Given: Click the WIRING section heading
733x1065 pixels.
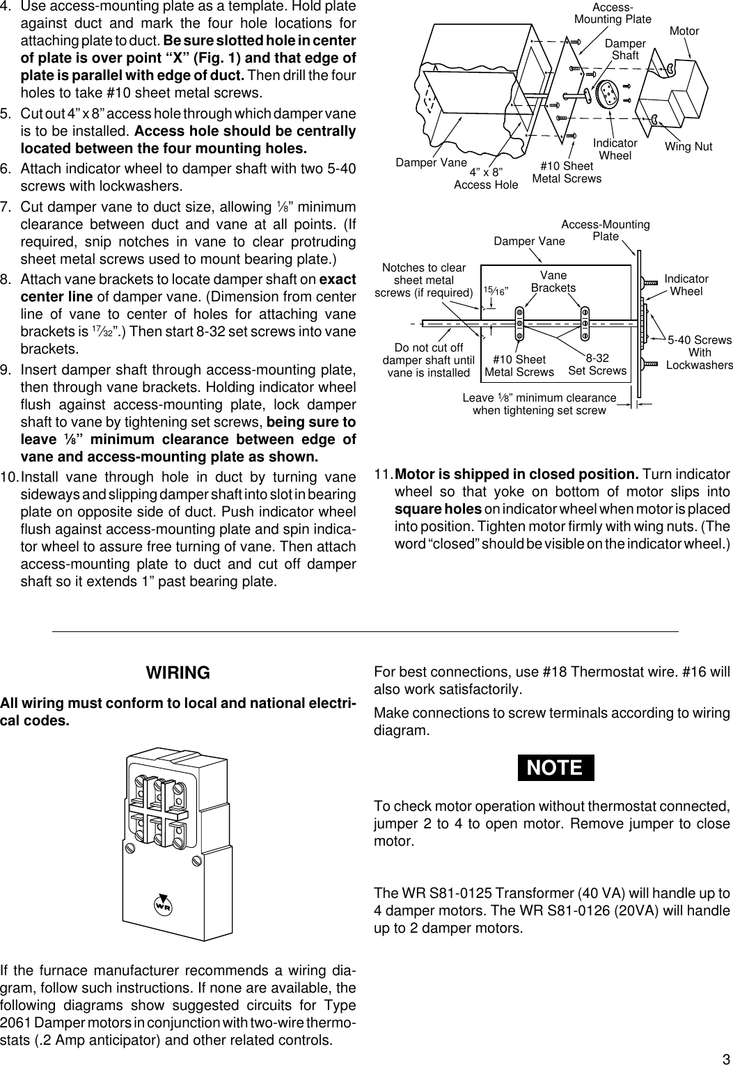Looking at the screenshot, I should pyautogui.click(x=178, y=673).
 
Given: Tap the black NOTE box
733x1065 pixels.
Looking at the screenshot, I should pyautogui.click(x=555, y=767).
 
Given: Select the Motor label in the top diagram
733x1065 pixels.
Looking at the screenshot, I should pyautogui.click(x=684, y=31).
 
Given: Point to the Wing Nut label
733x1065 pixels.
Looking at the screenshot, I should pyautogui.click(x=688, y=147).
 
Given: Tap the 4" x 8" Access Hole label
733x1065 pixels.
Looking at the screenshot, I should pyautogui.click(x=486, y=178).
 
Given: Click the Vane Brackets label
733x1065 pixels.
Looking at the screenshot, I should pyautogui.click(x=553, y=281).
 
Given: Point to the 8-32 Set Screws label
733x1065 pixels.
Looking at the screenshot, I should pyautogui.click(x=597, y=364).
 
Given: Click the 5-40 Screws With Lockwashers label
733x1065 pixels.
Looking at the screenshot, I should pyautogui.click(x=699, y=352).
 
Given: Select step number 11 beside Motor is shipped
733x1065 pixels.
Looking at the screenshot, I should pyautogui.click(x=383, y=475).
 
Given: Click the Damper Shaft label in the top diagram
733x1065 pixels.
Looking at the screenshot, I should pyautogui.click(x=624, y=49).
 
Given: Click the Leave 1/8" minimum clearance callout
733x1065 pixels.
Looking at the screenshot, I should pyautogui.click(x=539, y=404).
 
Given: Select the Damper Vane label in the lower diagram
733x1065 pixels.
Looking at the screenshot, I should pyautogui.click(x=529, y=241).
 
